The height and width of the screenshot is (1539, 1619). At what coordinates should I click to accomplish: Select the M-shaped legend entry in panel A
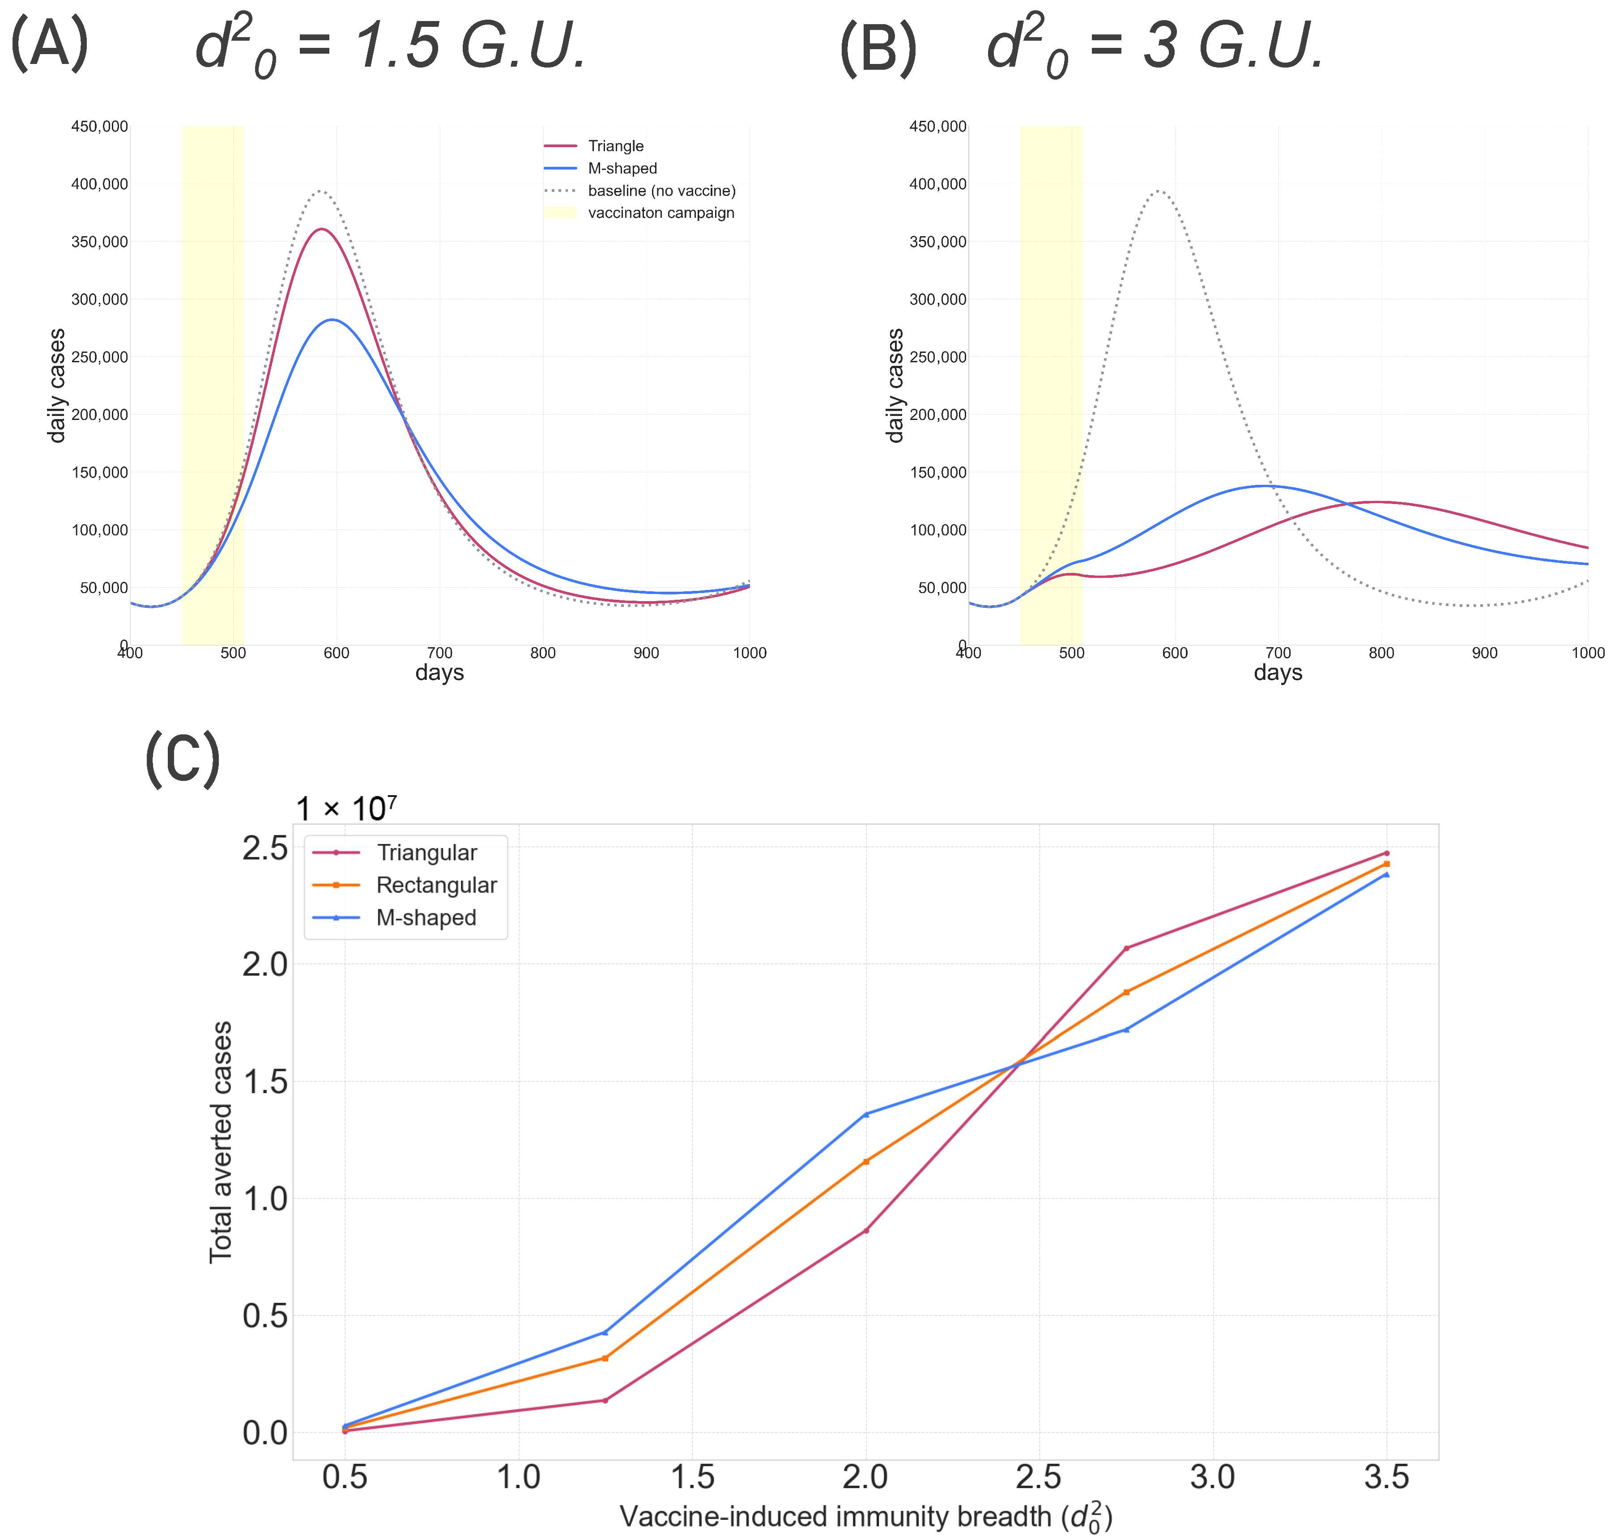[601, 168]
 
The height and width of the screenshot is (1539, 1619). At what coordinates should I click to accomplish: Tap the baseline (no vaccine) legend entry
[640, 191]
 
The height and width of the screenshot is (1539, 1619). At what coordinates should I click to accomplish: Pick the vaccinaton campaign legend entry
[639, 212]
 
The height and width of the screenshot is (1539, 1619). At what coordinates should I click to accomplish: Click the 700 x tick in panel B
[1278, 653]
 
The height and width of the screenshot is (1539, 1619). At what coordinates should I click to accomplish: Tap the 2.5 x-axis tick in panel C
[1039, 1477]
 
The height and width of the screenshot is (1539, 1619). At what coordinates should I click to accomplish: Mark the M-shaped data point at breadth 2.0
[866, 1114]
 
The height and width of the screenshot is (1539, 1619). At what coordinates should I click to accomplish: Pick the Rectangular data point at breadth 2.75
[1127, 992]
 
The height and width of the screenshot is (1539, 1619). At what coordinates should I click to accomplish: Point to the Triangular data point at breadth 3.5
[1387, 853]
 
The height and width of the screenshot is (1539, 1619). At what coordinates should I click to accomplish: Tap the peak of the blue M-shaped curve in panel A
[332, 320]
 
